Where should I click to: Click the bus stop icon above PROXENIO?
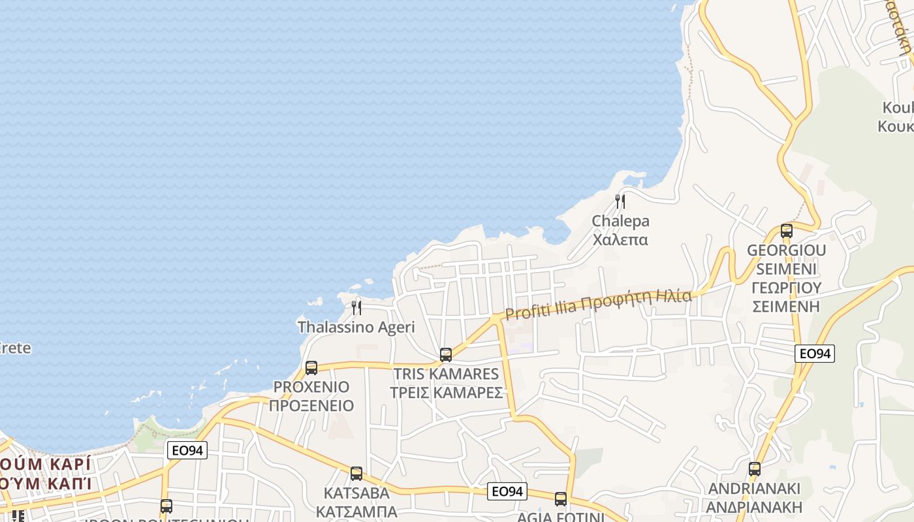coord(311,367)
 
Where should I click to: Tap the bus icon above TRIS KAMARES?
coord(446,355)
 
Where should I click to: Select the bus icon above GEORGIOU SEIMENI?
coord(787,230)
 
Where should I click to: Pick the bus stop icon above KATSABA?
coord(356,474)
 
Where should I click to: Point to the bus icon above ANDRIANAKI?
coord(755,468)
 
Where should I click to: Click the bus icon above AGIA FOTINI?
coord(561,499)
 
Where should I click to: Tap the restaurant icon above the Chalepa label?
coord(620,201)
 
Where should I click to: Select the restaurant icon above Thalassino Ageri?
coord(356,307)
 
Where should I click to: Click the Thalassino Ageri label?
coord(356,327)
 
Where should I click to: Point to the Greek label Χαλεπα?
coord(620,239)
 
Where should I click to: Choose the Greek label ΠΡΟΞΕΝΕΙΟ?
coord(311,406)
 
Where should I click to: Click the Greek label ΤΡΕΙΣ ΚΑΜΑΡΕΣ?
coord(446,393)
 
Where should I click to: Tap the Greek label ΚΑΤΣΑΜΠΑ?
coord(356,511)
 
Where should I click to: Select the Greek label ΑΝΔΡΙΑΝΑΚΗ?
coord(755,506)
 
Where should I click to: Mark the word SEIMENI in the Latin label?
coord(787,269)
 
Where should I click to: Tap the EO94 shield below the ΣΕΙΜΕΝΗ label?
coord(815,354)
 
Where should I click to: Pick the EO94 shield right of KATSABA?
coord(507,491)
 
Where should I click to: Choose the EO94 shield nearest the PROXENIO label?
coord(187,450)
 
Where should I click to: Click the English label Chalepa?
coord(620,221)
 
